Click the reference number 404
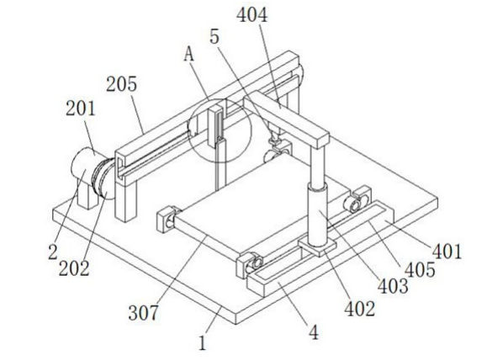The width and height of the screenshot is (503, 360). (x=251, y=15)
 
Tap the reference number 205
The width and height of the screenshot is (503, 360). (x=122, y=84)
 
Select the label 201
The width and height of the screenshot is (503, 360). (x=81, y=109)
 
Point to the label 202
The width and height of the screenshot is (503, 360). (x=74, y=268)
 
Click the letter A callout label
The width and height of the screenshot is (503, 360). (x=189, y=55)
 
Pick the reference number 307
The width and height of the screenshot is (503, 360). (x=143, y=313)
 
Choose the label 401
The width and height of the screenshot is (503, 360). (x=447, y=251)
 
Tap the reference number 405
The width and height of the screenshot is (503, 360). (x=420, y=269)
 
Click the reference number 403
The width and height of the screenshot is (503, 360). (x=393, y=286)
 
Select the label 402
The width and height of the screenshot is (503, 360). (x=360, y=309)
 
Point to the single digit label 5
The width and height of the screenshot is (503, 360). (x=214, y=36)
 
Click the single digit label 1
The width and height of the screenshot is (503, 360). (x=202, y=343)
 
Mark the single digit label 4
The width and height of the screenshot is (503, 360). (x=314, y=332)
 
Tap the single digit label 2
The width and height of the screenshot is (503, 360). (x=53, y=251)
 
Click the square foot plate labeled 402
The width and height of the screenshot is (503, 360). (x=317, y=247)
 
